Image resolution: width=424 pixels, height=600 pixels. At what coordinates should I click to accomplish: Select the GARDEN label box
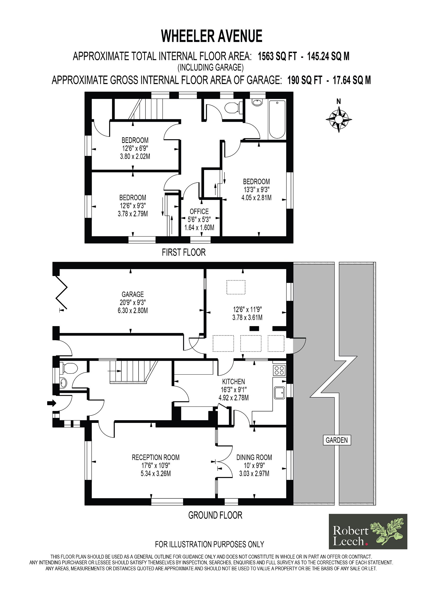[337, 440]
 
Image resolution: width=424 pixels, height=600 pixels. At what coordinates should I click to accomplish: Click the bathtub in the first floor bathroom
[277, 119]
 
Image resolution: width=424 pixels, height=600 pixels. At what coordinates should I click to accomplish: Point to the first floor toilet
[233, 107]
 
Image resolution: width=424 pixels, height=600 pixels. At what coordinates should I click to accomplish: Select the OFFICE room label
[199, 212]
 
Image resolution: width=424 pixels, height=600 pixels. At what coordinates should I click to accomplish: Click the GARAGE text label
[133, 294]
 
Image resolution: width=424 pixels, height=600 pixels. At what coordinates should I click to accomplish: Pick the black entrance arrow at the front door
[52, 403]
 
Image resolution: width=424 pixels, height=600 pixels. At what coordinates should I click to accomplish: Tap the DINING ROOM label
[254, 457]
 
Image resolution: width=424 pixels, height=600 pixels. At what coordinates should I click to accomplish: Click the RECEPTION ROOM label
[156, 457]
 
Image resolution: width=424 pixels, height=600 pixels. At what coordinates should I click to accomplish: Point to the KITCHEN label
[233, 382]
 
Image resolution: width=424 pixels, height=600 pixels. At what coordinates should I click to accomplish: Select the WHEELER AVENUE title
[212, 36]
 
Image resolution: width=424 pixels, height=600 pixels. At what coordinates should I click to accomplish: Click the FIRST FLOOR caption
[184, 252]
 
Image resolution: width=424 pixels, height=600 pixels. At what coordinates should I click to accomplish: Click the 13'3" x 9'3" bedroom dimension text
[256, 190]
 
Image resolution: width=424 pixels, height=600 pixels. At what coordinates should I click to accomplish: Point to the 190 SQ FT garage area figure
[305, 80]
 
